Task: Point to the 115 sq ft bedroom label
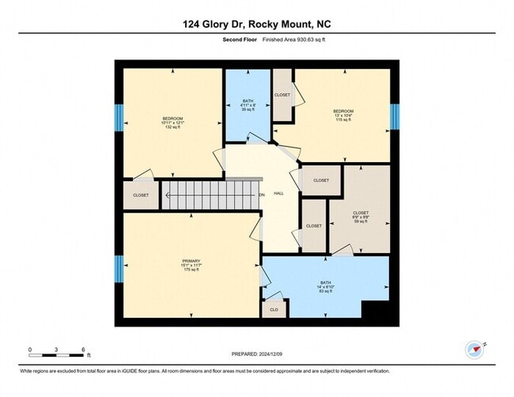tap(342, 115)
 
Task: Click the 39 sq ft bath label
tap(248, 105)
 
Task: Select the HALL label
tap(279, 193)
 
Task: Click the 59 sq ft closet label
tap(360, 217)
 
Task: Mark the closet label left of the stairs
tap(141, 195)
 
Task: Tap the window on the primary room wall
tap(119, 268)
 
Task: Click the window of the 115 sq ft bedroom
tap(395, 115)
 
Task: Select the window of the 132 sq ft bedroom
tap(119, 119)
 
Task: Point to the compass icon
tap(474, 349)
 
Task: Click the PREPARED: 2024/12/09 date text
tap(256, 354)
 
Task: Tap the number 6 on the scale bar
tap(83, 349)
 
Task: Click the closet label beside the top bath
tap(282, 96)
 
